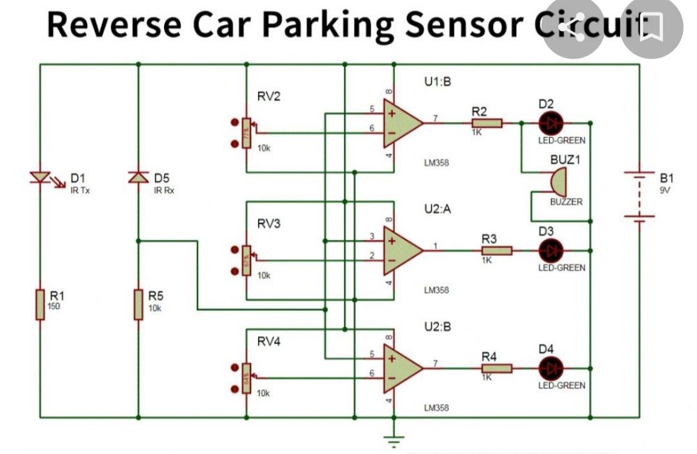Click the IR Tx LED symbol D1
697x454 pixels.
41,177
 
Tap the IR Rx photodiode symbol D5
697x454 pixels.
138,177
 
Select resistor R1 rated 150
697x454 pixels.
41,304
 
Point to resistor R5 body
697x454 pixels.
138,304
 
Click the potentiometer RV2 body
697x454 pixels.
246,133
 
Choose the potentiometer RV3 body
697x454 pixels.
246,261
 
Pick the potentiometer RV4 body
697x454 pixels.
246,378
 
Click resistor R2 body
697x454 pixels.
487,123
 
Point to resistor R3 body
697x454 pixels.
497,250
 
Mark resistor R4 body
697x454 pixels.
497,368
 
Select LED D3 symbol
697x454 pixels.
551,250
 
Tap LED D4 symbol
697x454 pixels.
551,368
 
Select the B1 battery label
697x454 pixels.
666,177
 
